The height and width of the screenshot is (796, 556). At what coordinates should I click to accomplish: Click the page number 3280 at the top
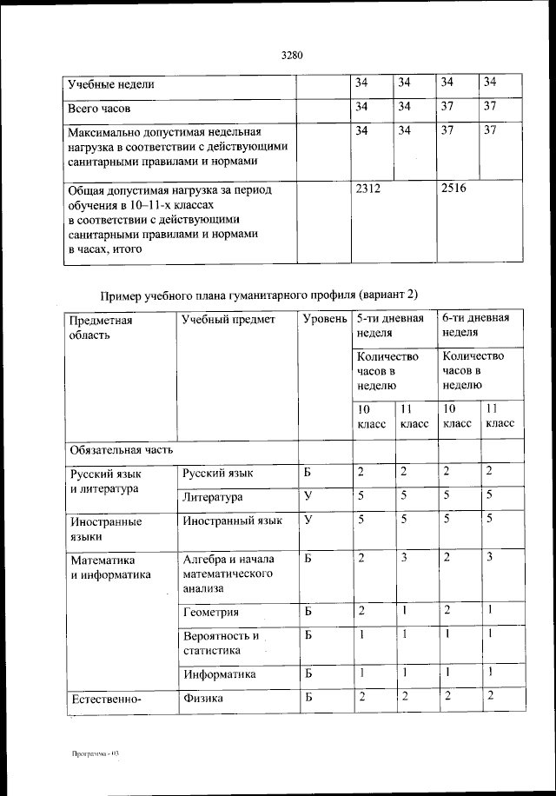[291, 56]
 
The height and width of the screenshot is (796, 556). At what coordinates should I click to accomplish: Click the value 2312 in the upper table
[369, 188]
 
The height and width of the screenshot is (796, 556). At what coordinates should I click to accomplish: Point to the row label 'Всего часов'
[100, 110]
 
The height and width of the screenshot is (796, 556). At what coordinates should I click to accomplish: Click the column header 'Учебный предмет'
[228, 320]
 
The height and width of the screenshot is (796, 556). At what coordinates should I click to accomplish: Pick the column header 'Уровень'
[325, 320]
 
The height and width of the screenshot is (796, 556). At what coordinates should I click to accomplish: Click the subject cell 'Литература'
[213, 498]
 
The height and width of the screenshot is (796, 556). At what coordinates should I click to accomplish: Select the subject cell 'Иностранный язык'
[232, 521]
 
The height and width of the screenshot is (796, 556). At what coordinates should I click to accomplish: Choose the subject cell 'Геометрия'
[211, 613]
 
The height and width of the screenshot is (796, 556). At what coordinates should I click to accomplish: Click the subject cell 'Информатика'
[219, 673]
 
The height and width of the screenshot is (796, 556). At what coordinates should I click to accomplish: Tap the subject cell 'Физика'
[203, 697]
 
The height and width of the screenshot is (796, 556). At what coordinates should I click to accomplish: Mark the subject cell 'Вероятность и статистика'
[221, 643]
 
